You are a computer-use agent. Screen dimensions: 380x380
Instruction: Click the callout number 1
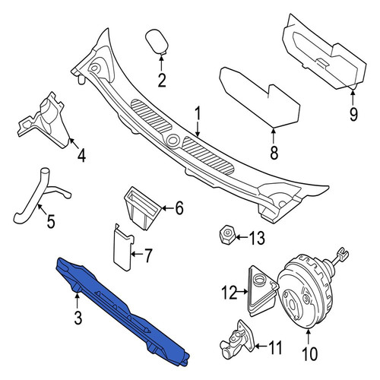point(198,113)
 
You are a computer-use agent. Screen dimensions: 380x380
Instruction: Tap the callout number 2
point(162,80)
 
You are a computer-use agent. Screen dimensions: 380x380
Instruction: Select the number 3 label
point(78,318)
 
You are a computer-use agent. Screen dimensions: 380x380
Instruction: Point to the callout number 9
point(353,114)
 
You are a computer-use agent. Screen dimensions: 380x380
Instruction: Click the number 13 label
point(257,238)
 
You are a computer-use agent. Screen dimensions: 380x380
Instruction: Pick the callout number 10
point(309,353)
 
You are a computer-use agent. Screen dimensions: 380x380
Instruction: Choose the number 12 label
point(230,293)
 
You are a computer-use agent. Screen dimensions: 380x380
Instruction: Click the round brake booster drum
point(306,290)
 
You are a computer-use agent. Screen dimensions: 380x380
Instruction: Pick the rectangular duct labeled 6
point(143,207)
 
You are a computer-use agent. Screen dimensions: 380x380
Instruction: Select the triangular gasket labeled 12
point(262,291)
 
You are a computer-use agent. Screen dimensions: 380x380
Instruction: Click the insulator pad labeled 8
point(260,97)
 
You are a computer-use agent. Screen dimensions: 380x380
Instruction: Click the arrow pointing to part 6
point(167,208)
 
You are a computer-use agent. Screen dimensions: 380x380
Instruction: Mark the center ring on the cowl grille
point(173,140)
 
